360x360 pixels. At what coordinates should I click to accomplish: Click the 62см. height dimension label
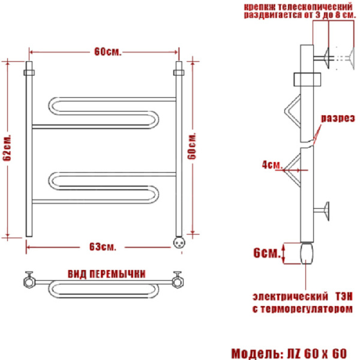coord(8,148)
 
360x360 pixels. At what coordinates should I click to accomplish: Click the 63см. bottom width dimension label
coord(103,247)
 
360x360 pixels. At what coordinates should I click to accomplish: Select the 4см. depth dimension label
coord(272,165)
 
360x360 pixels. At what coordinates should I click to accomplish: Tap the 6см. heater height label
coord(267,253)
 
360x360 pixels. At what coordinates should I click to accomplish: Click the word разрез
coord(338,118)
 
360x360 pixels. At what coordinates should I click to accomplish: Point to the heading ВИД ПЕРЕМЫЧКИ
coord(107,274)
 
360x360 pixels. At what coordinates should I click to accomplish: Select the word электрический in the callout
coord(290,296)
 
